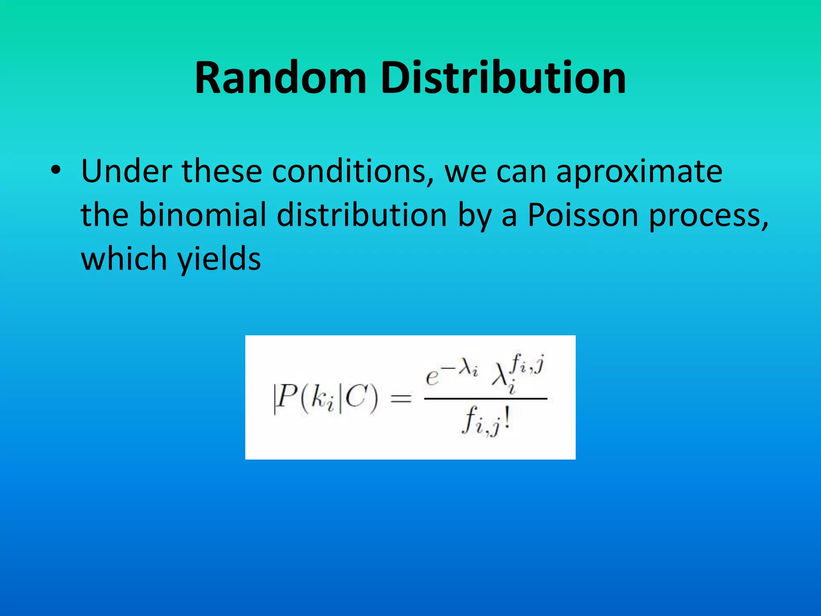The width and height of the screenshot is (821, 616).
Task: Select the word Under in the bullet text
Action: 127,171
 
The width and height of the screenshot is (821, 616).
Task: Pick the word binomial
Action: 202,215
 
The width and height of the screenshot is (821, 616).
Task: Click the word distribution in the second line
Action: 362,215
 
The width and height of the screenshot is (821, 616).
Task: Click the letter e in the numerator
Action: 433,377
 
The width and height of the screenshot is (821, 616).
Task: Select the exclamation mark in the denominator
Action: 507,421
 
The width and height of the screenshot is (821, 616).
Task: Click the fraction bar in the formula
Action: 485,399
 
